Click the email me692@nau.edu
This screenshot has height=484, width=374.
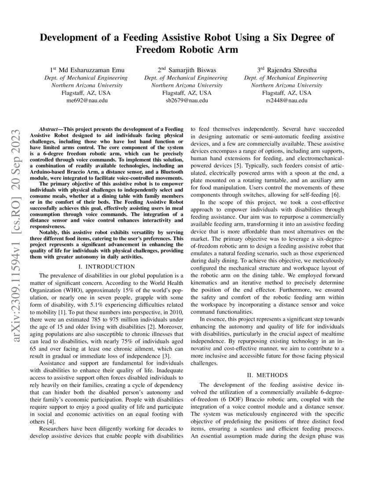87,100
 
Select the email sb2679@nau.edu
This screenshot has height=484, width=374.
186,100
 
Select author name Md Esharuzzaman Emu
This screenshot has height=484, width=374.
92,70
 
